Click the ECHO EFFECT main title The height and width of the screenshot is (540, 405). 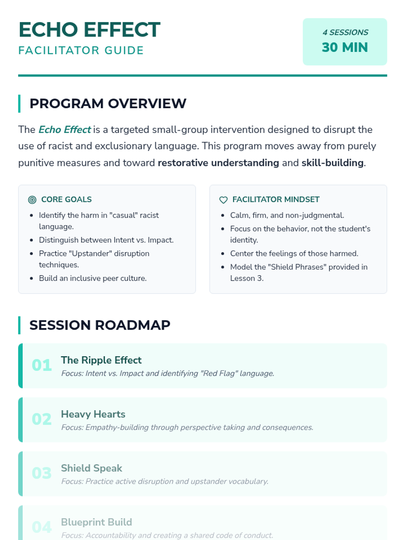[89, 30]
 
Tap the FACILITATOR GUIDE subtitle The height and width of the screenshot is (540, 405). [81, 51]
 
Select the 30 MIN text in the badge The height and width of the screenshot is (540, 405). [345, 47]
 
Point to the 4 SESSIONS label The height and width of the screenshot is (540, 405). [345, 32]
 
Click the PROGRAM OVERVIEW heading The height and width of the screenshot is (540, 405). [108, 104]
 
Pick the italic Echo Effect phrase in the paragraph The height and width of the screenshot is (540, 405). [64, 130]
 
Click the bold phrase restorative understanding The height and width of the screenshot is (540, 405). [218, 163]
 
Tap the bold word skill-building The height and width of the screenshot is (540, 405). [332, 163]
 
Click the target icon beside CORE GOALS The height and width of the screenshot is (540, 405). [32, 200]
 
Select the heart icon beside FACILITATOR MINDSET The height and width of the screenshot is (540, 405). [223, 200]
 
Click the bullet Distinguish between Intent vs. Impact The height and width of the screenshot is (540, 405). [106, 240]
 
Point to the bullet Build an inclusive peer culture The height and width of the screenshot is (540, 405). [92, 278]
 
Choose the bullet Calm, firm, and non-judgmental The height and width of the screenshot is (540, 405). [287, 215]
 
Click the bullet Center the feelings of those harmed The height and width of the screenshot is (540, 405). [294, 253]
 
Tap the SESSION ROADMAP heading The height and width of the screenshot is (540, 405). [100, 325]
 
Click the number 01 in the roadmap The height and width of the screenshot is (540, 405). [42, 365]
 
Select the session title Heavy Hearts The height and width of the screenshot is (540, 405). [93, 414]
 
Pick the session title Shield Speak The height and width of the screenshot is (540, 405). [91, 468]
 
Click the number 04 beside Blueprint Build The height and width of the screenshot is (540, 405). [42, 527]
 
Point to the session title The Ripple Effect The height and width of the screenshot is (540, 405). [101, 360]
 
